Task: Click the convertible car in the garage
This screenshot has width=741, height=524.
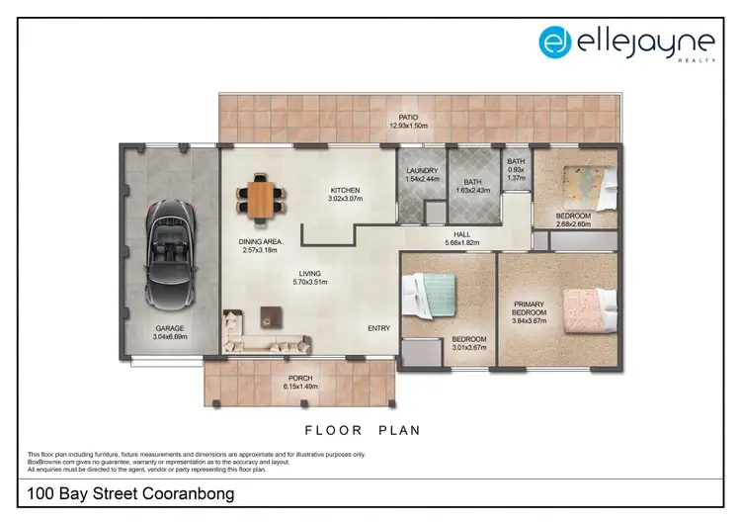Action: click(x=167, y=254)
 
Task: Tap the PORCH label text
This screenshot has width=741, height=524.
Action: click(x=300, y=378)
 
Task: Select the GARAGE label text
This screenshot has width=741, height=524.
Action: click(x=169, y=327)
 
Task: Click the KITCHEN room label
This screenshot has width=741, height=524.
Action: click(x=345, y=190)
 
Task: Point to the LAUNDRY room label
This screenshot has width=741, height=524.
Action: click(x=422, y=170)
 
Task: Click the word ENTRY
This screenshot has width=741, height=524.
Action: click(x=378, y=328)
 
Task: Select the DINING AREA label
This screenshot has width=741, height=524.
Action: click(x=260, y=241)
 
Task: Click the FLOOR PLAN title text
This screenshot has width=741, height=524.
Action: click(x=362, y=430)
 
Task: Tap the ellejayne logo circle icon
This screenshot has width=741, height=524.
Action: click(x=555, y=42)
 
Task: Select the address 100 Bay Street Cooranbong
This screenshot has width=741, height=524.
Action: click(x=131, y=492)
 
